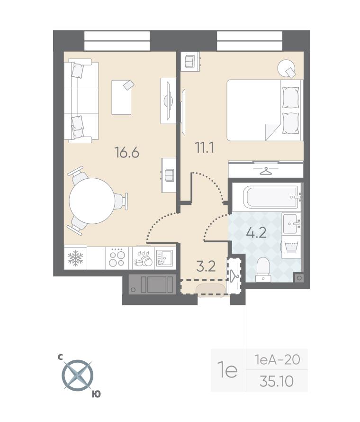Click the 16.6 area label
126,153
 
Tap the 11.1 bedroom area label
205,147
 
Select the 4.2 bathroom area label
256,232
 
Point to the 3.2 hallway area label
206,266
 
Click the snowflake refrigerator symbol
75,258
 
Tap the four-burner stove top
117,258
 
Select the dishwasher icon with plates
144,258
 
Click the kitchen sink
164,258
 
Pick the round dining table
92,201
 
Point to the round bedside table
286,68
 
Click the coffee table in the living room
122,97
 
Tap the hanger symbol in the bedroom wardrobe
266,171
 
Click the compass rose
78,375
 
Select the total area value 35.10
277,381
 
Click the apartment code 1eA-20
278,359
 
